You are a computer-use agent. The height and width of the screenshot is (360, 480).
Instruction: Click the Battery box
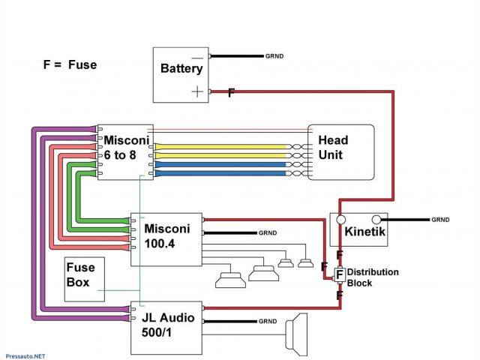[x=181, y=75]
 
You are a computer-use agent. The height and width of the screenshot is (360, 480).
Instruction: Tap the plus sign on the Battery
[x=197, y=91]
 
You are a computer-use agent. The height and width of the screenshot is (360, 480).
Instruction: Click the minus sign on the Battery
[x=197, y=58]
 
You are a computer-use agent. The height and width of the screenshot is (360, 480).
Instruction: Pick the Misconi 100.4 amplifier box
[x=166, y=238]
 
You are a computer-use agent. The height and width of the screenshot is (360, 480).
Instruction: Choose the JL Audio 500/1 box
[x=166, y=328]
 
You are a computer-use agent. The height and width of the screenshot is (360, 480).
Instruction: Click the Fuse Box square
[x=85, y=278]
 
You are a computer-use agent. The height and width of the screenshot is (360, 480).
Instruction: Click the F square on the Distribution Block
[x=340, y=275]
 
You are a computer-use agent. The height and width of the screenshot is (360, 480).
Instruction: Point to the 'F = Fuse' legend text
[x=70, y=64]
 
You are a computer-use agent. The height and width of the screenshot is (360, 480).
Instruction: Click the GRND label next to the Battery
[x=274, y=56]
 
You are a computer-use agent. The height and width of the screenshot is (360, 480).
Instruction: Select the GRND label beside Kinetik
[x=440, y=220]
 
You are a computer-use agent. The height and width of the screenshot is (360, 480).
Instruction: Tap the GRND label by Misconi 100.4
[x=268, y=232]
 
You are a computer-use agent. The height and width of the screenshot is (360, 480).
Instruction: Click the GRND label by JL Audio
[x=268, y=321]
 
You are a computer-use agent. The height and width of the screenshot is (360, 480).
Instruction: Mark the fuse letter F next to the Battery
[x=231, y=92]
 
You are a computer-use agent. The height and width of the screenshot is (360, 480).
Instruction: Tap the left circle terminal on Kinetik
[x=340, y=220]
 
